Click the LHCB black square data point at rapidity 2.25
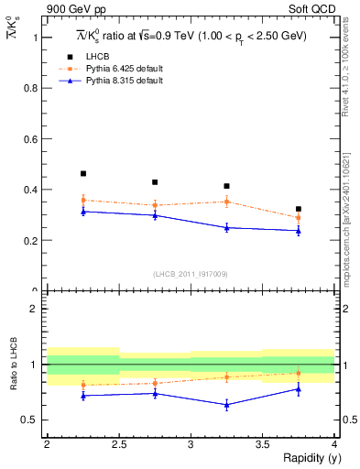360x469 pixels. [x=82, y=173]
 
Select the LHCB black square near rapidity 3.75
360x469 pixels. [x=299, y=209]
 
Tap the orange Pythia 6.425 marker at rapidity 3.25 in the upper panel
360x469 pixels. [x=226, y=202]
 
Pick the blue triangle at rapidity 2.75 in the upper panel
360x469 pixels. [x=155, y=215]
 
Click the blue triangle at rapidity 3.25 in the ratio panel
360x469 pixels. [x=226, y=404]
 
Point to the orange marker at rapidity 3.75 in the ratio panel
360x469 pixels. [x=299, y=373]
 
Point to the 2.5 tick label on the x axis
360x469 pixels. [x=118, y=444]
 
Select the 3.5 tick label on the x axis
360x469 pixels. [x=262, y=444]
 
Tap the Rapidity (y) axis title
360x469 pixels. [x=306, y=458]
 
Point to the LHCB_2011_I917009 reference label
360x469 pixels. [x=191, y=274]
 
